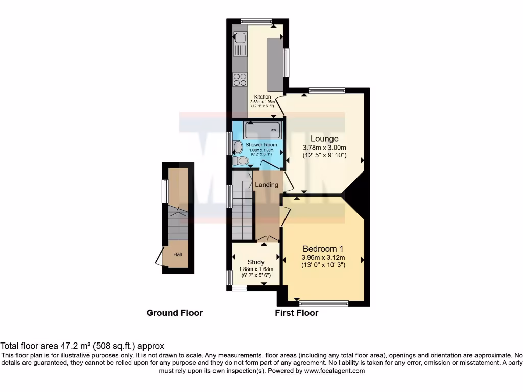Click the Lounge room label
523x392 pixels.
324,139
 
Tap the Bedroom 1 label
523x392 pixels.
323,249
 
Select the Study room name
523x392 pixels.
256,262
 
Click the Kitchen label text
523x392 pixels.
263,96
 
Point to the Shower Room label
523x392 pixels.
261,145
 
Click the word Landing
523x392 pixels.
267,185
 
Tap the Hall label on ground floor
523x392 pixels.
177,254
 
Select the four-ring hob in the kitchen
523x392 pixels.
240,80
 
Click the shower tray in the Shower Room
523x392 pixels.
262,130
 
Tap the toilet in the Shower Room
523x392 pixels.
241,161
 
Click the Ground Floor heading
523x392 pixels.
175,313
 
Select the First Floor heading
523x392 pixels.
296,313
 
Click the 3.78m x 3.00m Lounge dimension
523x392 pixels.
324,148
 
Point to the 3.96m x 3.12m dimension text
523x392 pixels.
323,258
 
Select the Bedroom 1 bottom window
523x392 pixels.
323,303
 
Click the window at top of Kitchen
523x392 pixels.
256,21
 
